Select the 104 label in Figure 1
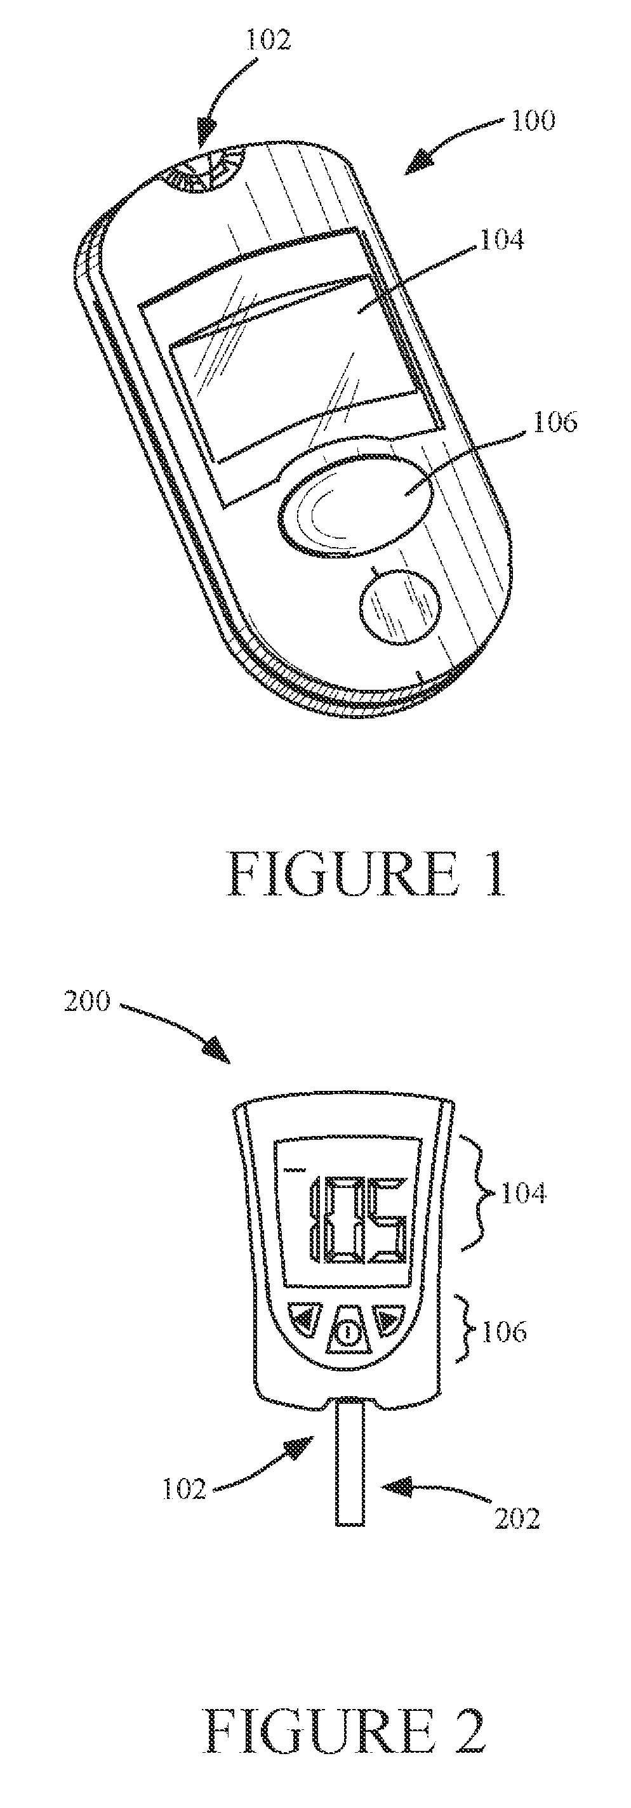coord(500,240)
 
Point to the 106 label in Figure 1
coord(554,423)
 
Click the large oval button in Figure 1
coord(357,505)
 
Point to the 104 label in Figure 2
coord(522,1192)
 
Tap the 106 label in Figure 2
coord(503,1331)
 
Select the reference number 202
coord(517,1519)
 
